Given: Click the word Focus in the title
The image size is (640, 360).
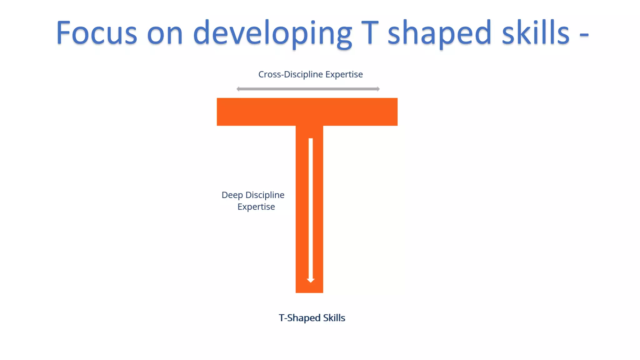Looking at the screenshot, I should pos(96,33).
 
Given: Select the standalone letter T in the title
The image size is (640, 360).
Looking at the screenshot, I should pos(370,32).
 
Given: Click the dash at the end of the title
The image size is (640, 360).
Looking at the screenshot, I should pos(584,35).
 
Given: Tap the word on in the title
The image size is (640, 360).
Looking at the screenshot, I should pos(165,34).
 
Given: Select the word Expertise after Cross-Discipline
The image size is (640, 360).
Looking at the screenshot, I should pos(344,75).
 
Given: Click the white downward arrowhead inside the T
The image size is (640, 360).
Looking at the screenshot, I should pos(311,280).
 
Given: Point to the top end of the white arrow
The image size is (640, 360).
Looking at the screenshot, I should pos(311,140).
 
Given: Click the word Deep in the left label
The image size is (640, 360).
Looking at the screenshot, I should pos(232,195).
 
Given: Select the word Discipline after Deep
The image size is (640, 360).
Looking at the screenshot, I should pos(265,195).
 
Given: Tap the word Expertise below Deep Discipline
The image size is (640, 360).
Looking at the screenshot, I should pos(256,207).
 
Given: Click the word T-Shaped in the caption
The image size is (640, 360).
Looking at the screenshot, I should pos(299,318).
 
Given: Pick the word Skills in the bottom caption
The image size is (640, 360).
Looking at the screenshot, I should pos(334,318).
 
